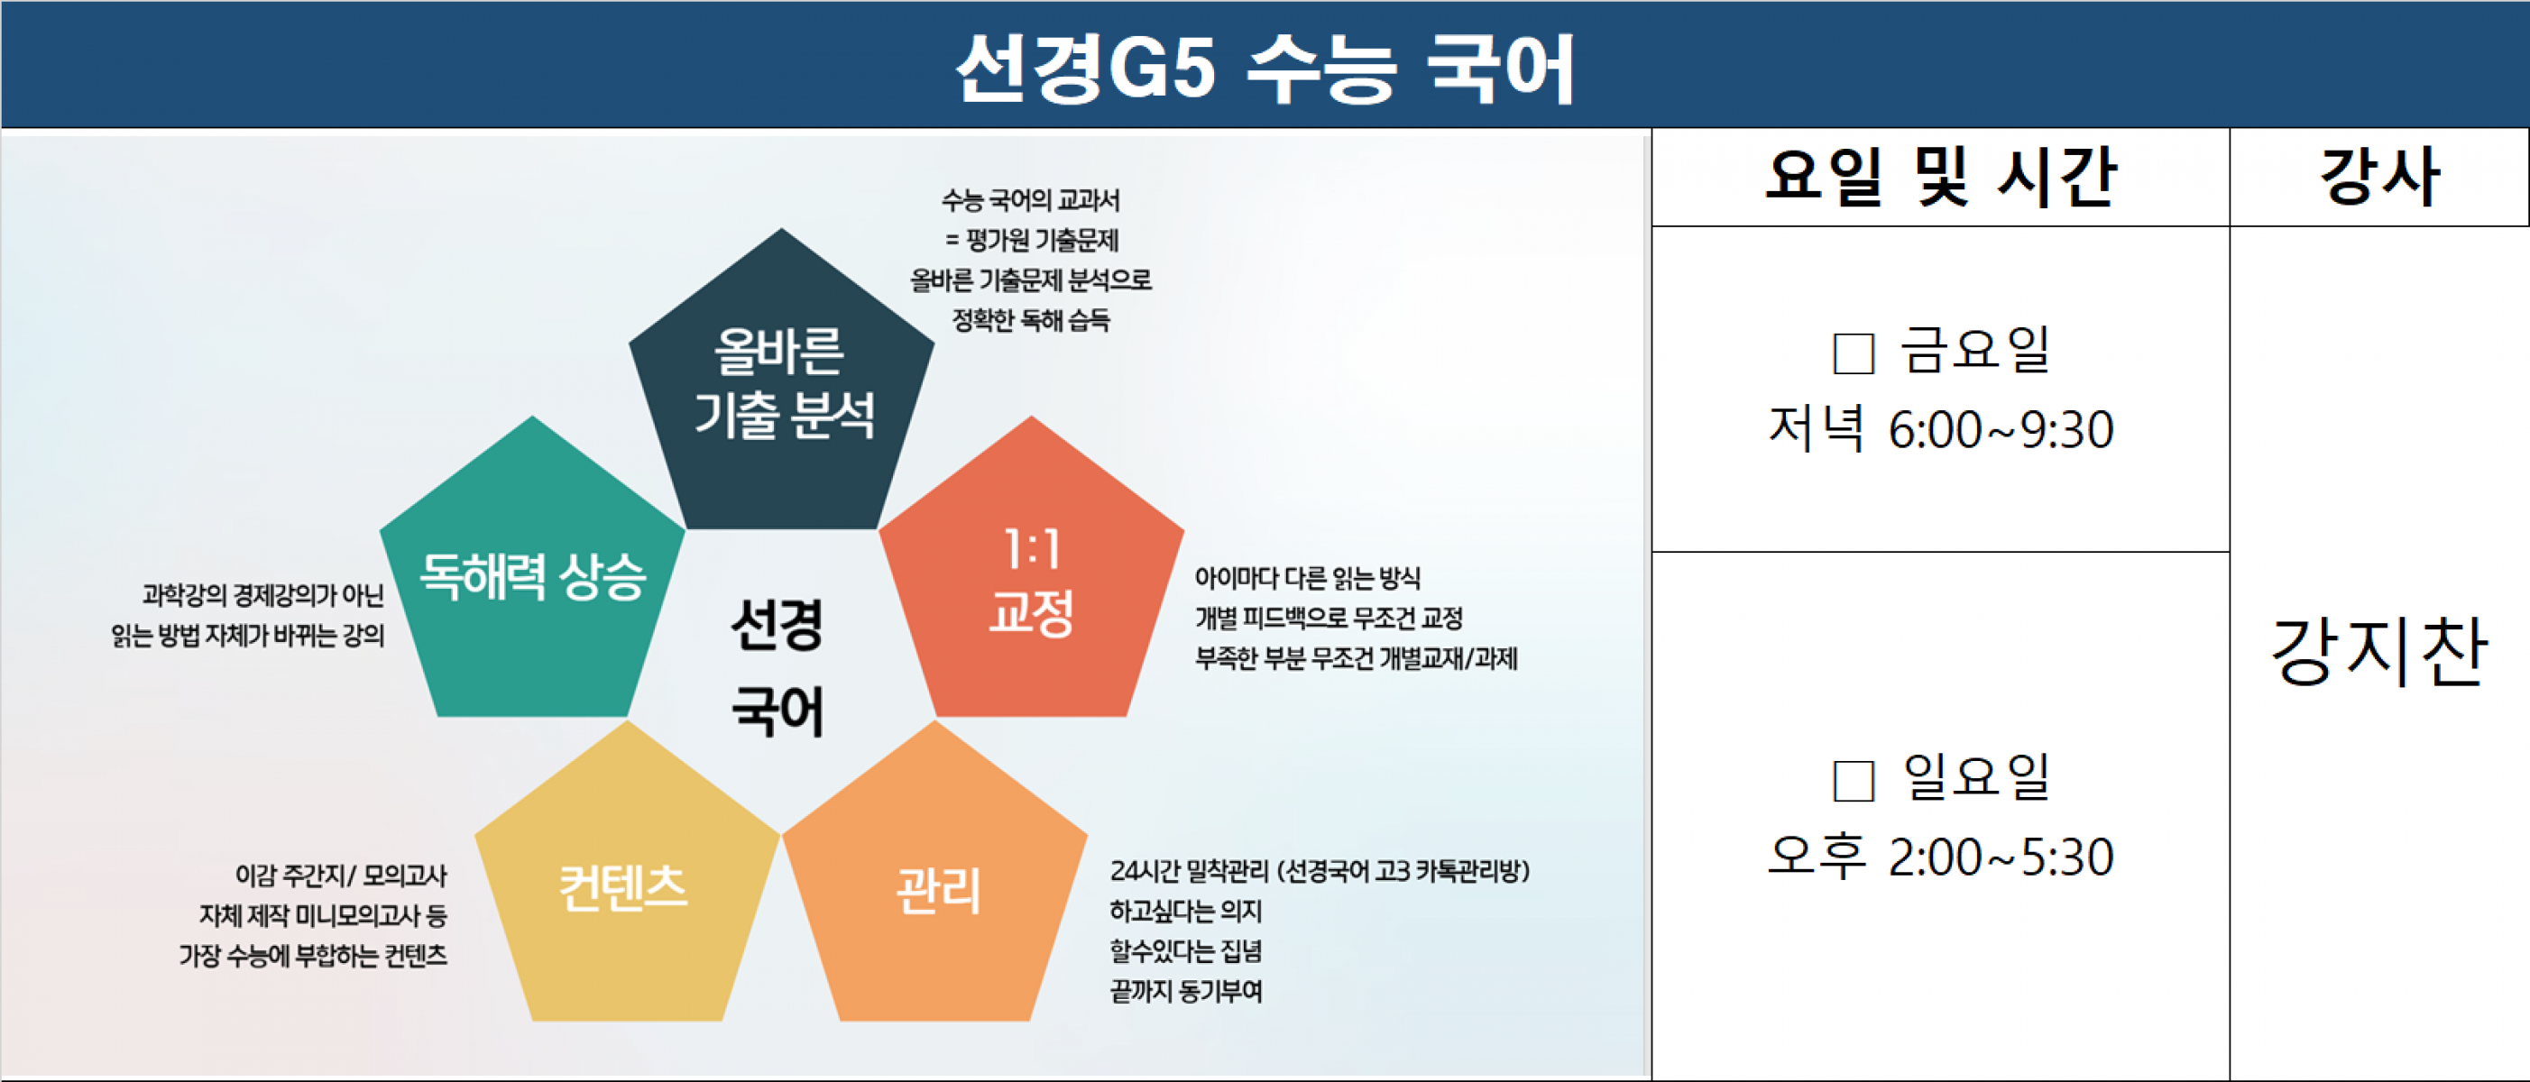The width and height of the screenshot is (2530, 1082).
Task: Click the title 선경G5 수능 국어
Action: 1265,67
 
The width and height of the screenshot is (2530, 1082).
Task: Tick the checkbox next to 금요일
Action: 1854,353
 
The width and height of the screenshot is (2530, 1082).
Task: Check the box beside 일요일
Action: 1854,781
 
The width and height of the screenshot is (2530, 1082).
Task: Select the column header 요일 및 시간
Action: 1940,177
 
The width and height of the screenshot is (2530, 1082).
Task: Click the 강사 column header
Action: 2378,177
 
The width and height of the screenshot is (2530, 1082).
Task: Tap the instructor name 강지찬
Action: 2378,651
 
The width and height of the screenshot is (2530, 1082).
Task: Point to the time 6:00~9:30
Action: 2001,430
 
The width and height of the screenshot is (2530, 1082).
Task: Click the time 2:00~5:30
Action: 2001,857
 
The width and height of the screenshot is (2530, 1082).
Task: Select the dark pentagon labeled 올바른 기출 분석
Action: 782,393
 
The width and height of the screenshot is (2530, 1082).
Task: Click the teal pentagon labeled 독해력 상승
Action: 532,579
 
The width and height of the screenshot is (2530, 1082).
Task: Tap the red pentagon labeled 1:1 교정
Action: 1031,579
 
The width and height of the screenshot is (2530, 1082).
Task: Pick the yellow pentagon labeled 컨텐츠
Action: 627,884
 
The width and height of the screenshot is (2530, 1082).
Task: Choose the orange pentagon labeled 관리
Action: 935,884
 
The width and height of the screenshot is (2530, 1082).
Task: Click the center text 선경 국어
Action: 777,667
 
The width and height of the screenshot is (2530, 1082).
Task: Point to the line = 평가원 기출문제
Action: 1031,241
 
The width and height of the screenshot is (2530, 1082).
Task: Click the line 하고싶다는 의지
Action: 1185,912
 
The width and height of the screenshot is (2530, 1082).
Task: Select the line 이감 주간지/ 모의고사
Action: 341,875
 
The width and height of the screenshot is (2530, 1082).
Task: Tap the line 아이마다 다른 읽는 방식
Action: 1307,578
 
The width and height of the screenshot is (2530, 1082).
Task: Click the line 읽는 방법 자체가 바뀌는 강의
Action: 247,636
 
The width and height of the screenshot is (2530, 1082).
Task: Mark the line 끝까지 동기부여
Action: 1185,992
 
